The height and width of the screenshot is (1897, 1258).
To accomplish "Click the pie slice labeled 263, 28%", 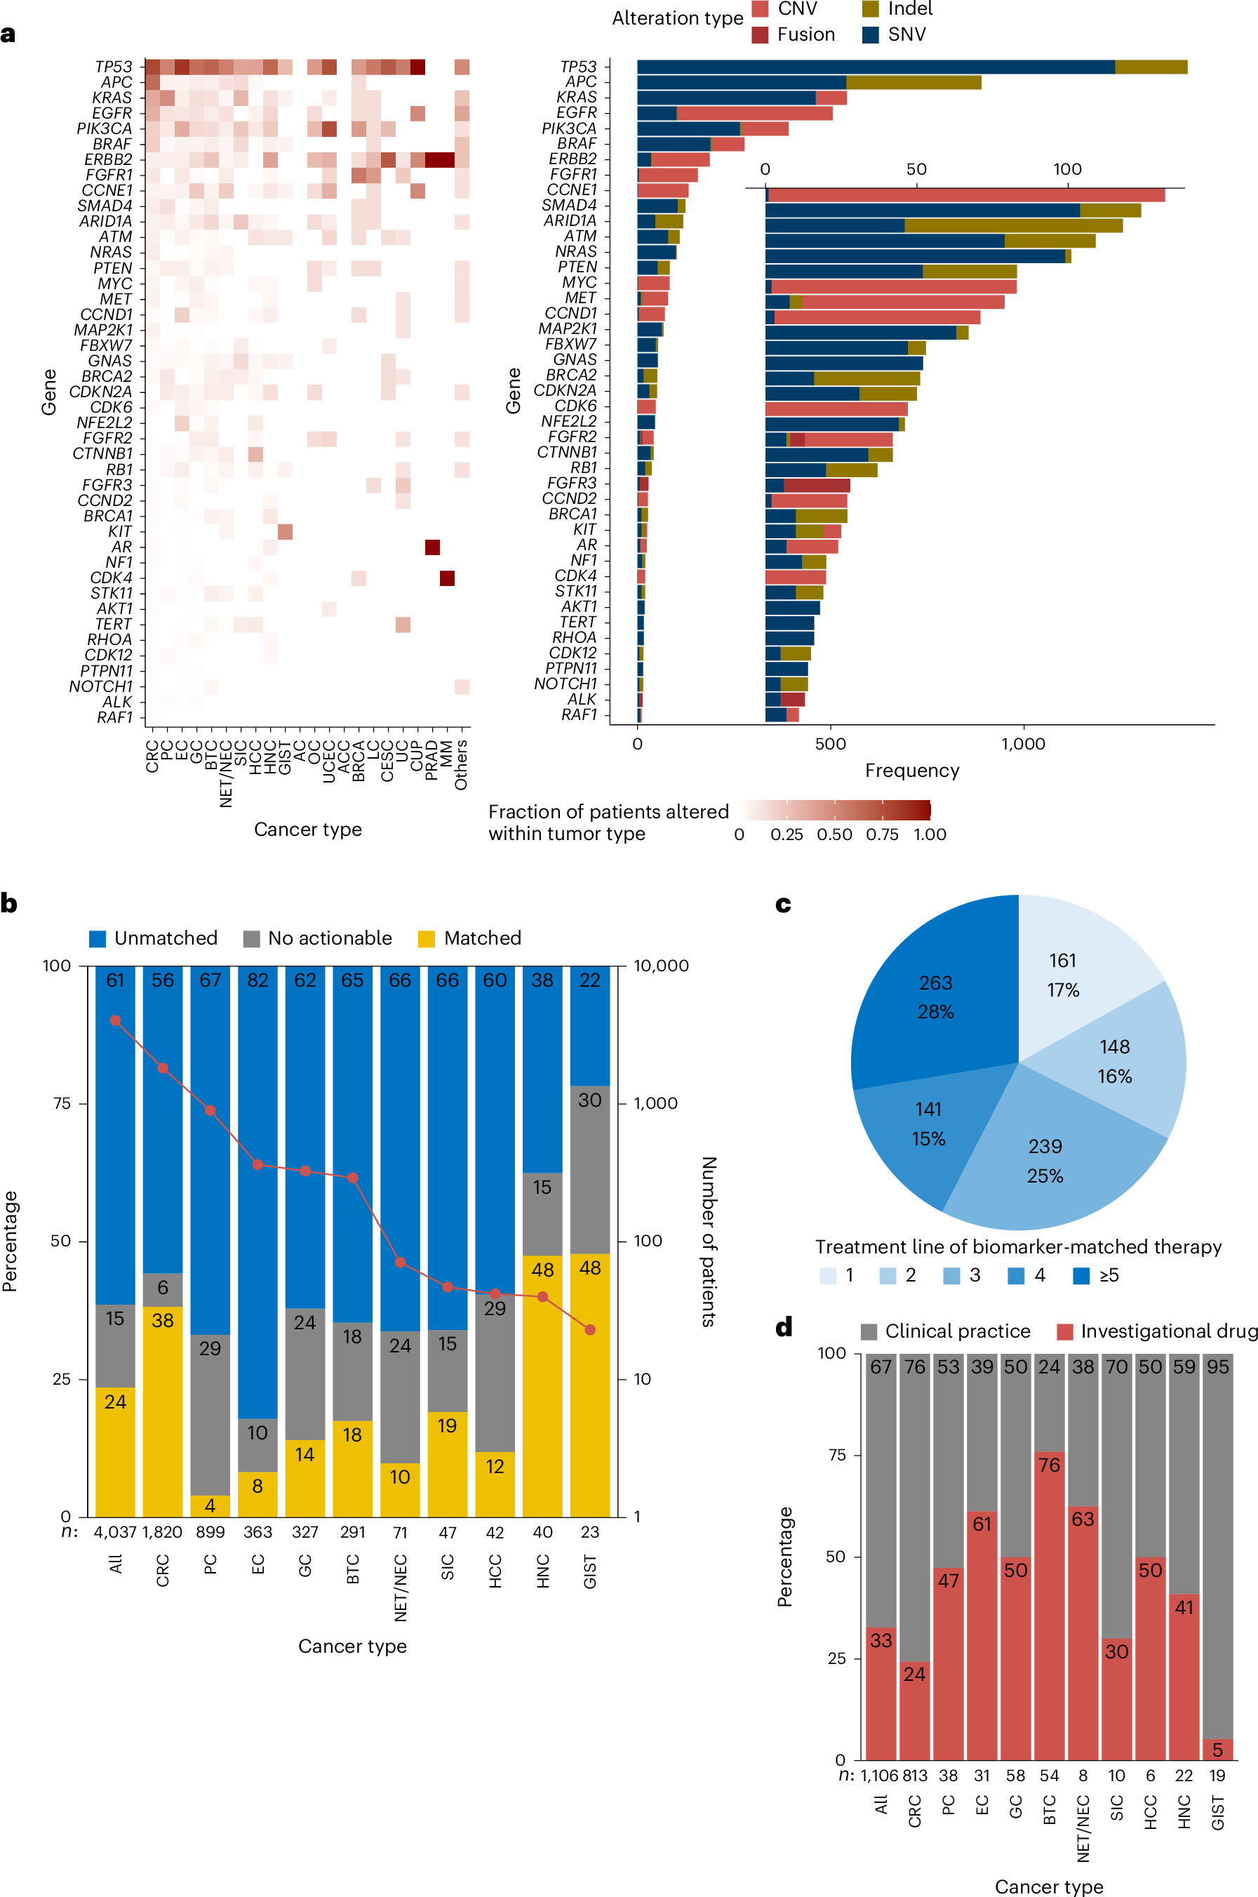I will [935, 997].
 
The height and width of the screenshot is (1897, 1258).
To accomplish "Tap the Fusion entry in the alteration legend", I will [794, 34].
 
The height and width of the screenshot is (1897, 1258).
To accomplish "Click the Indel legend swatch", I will [871, 9].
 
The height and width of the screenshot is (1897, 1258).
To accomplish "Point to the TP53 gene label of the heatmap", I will [113, 67].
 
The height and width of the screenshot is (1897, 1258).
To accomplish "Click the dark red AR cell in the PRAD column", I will [432, 547].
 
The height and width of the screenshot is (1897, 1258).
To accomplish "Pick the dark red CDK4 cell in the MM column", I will [447, 578].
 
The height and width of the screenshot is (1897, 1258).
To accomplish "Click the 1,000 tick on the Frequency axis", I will [1023, 744].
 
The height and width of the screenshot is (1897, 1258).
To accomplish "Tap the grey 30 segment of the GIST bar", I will [589, 1169].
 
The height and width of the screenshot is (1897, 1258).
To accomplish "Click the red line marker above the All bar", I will [116, 1020].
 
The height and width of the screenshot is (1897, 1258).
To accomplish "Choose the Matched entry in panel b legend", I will [470, 938].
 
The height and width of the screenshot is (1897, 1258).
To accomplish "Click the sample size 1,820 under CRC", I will [162, 1532].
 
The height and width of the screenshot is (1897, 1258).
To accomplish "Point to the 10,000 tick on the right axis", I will [660, 966].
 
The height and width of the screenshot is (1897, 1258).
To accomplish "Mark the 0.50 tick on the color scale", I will [834, 834].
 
